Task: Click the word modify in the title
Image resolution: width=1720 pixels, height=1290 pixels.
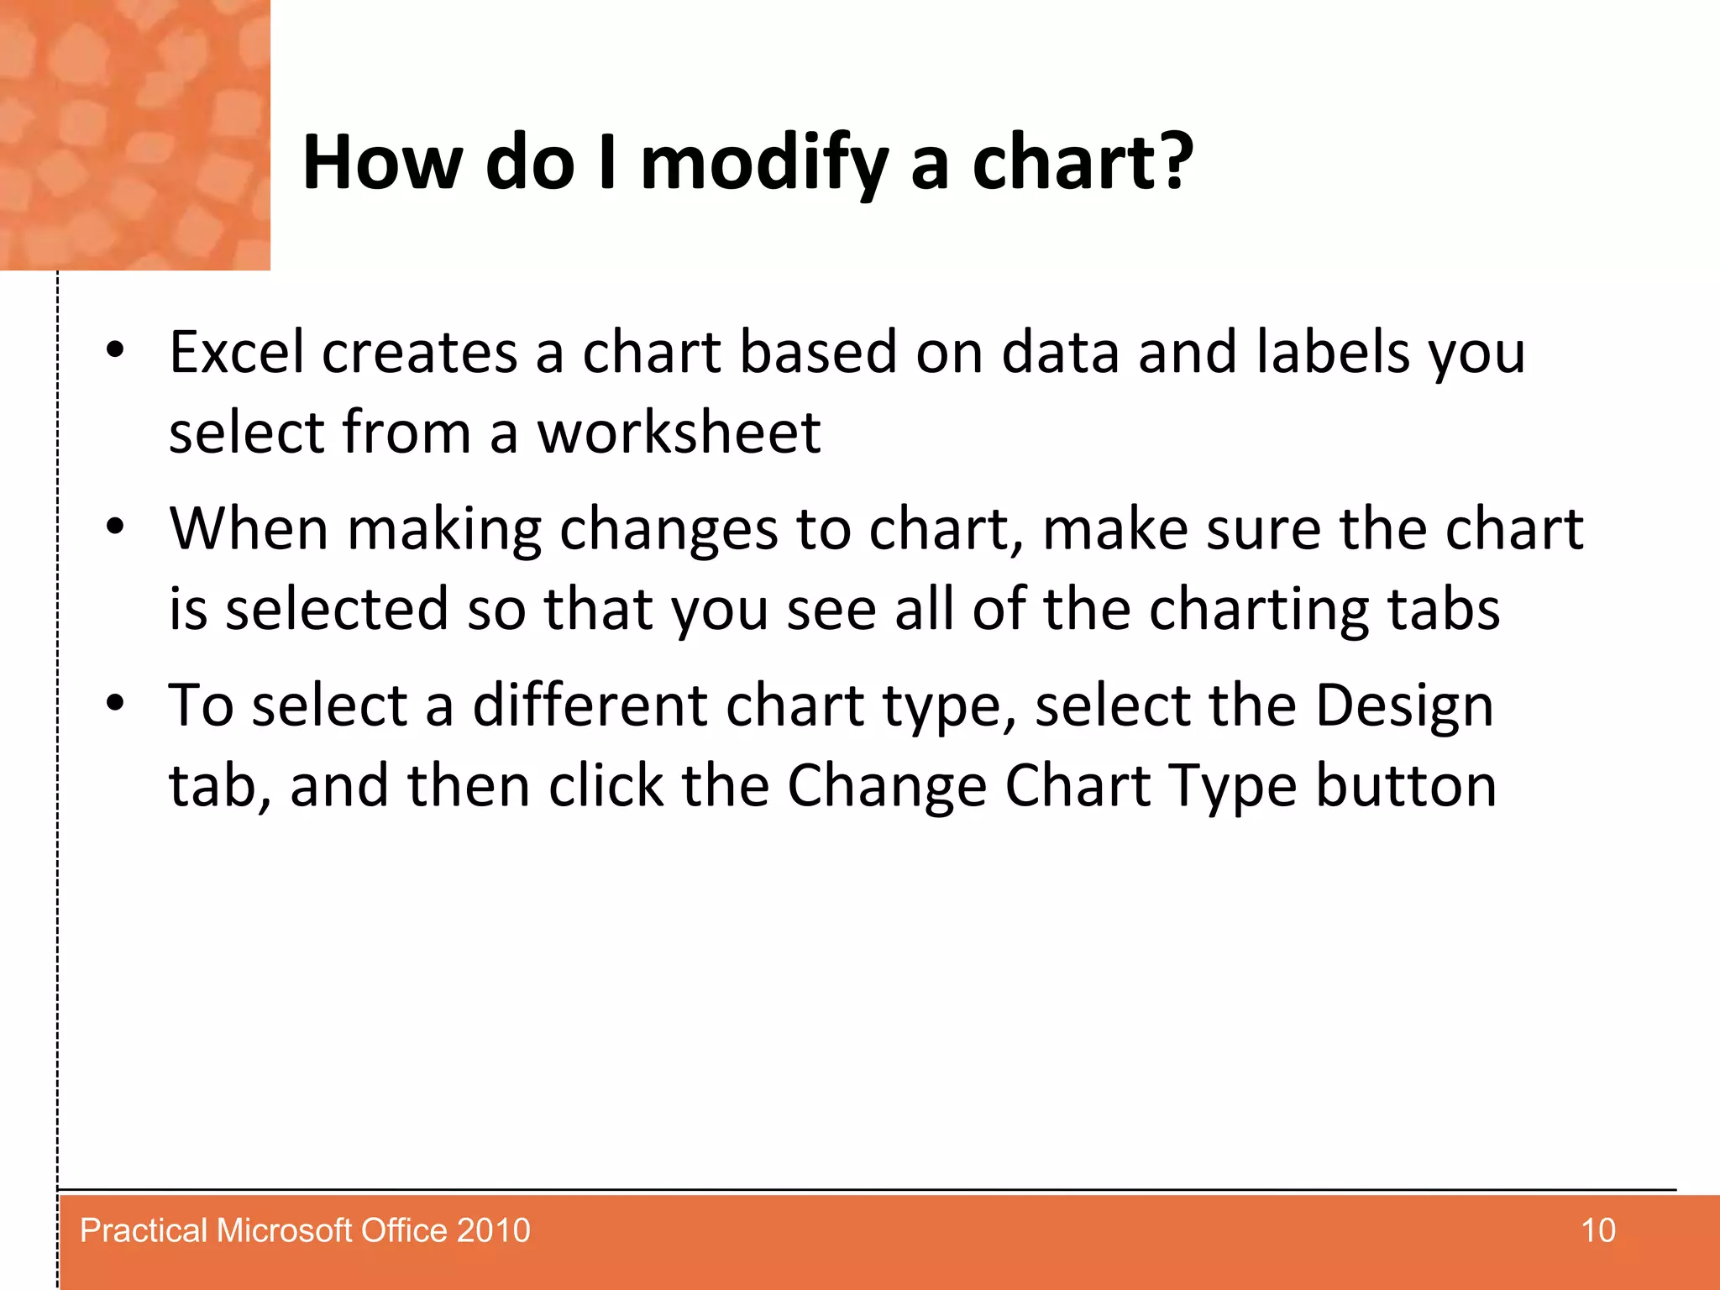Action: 763,164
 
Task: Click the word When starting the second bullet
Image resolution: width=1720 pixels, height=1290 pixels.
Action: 249,528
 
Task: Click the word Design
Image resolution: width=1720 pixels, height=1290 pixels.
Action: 1404,705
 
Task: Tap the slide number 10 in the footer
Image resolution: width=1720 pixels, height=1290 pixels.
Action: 1598,1230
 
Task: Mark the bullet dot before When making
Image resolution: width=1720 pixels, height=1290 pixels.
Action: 115,527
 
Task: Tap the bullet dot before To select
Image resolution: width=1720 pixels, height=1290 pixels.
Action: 115,703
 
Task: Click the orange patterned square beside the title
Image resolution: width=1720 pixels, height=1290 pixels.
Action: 134,134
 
